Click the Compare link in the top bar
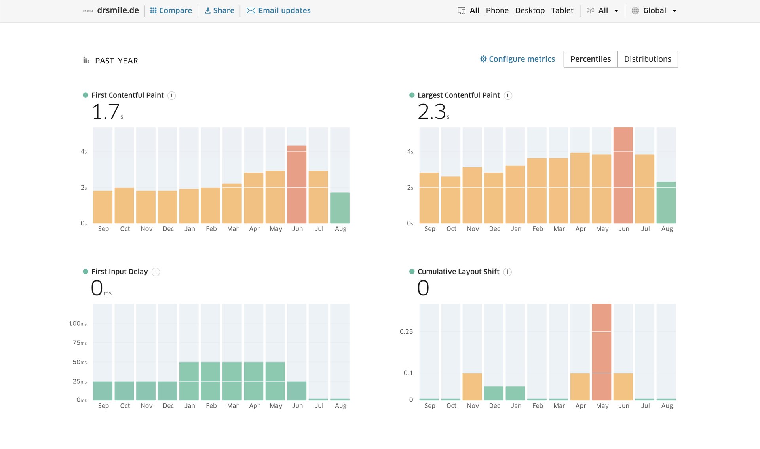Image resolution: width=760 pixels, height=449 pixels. (x=171, y=11)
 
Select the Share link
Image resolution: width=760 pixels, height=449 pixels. (x=219, y=11)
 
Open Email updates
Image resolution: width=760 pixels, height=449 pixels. (x=279, y=11)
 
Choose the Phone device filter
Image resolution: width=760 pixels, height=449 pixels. (x=497, y=11)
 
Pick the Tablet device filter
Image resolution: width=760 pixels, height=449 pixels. (x=562, y=11)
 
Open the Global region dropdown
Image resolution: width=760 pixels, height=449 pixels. (x=654, y=11)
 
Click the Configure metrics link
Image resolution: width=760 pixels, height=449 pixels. (x=517, y=59)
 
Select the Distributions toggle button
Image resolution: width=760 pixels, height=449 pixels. (x=648, y=59)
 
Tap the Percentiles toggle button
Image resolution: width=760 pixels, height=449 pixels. (x=591, y=59)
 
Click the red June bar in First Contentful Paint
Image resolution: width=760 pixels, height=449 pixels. (x=297, y=185)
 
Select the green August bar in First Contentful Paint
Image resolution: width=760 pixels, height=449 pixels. (x=340, y=208)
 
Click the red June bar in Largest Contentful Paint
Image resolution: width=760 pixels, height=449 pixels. (x=623, y=175)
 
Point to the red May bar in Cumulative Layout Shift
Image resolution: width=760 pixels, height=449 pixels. (x=602, y=352)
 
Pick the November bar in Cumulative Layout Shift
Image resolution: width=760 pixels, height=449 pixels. (x=472, y=386)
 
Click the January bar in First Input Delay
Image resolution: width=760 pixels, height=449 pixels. (x=189, y=381)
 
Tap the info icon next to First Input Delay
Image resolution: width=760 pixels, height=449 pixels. (x=156, y=272)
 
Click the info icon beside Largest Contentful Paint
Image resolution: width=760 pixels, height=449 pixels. (x=508, y=95)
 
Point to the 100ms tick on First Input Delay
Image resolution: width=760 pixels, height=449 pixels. (x=78, y=323)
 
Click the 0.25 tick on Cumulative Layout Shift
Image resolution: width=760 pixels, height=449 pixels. (x=406, y=332)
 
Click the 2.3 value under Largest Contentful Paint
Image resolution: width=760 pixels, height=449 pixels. (x=432, y=112)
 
